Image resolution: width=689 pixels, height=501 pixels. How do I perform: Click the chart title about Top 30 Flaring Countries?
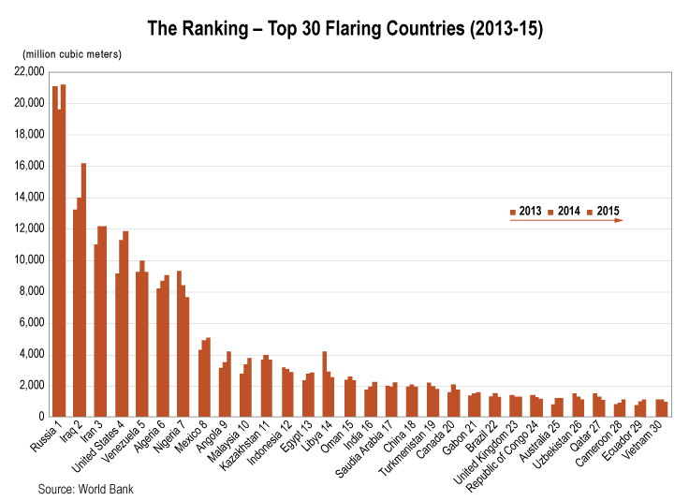[344, 28]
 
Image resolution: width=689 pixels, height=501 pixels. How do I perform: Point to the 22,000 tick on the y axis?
[30, 71]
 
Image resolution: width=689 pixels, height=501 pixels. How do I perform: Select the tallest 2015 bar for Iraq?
[83, 290]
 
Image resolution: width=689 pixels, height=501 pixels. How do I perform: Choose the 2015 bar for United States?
[125, 323]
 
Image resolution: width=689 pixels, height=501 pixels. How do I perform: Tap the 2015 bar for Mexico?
[208, 377]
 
